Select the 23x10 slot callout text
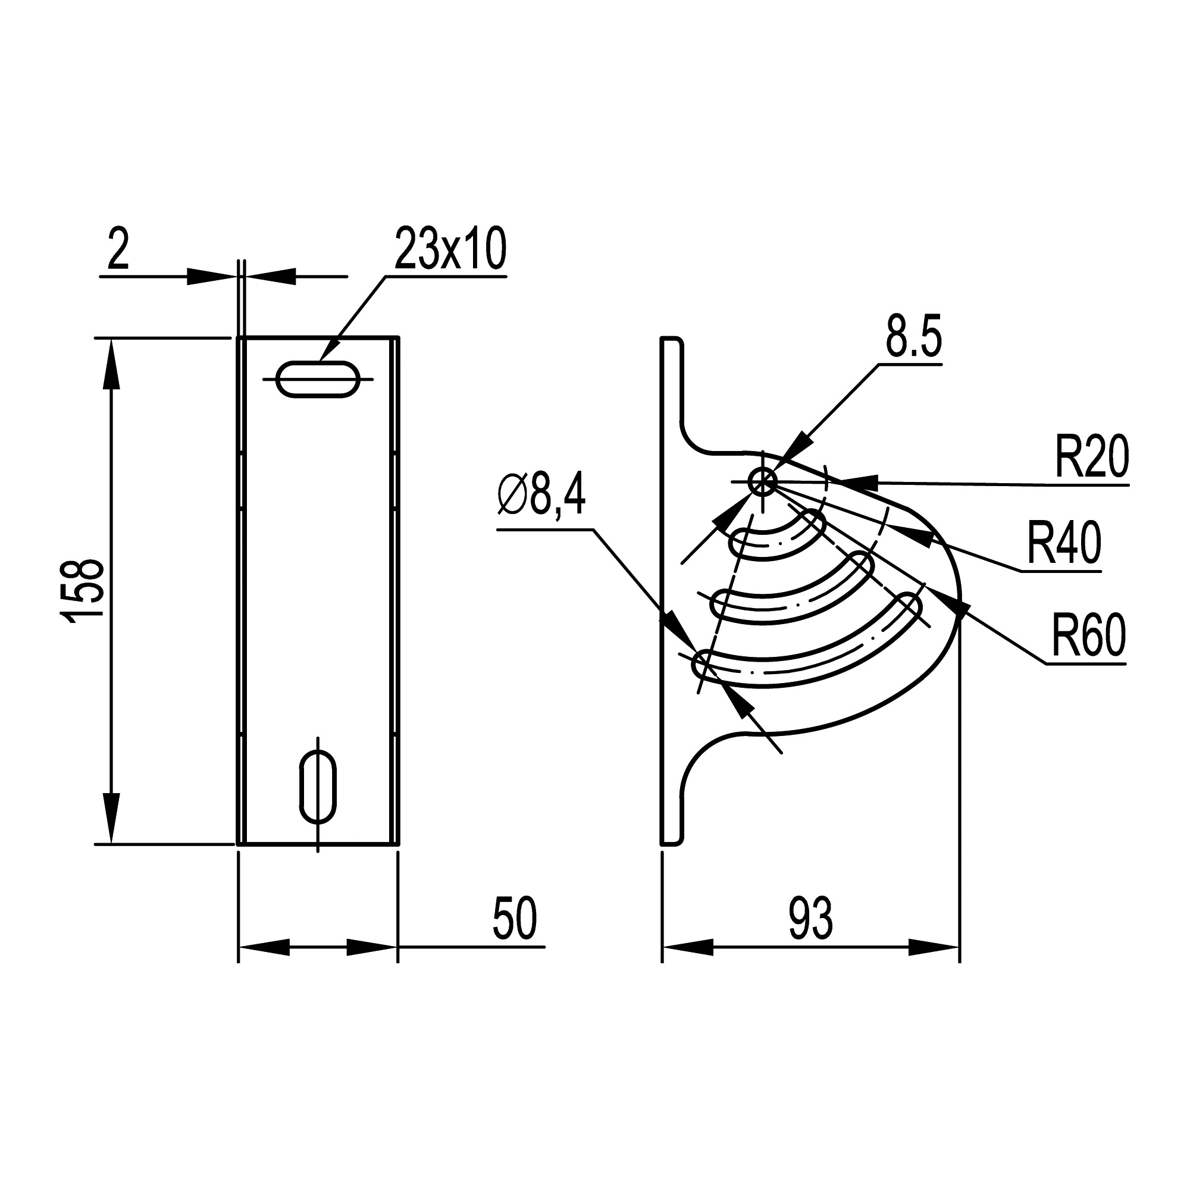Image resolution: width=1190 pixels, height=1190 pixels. tap(450, 248)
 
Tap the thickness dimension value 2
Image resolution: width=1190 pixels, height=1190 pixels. tap(118, 248)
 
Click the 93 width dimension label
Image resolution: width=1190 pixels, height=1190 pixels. tap(810, 917)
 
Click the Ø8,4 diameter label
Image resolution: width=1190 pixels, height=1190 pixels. tap(541, 497)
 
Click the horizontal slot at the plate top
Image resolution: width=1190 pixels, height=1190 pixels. tap(318, 380)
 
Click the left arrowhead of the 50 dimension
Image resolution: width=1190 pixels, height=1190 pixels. tap(264, 947)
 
